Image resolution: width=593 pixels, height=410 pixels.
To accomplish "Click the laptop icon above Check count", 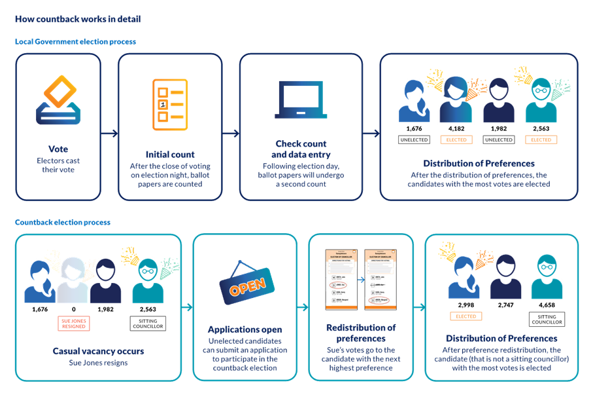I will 300,100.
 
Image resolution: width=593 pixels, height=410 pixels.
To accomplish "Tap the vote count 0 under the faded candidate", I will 73,308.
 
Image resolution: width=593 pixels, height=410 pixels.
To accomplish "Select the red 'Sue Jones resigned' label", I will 74,323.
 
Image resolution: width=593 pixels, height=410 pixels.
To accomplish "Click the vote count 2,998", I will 466,305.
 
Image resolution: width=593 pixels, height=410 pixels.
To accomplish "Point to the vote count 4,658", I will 547,305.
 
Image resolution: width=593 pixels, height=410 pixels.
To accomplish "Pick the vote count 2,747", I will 506,305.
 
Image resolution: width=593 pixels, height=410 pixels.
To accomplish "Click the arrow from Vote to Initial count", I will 109,134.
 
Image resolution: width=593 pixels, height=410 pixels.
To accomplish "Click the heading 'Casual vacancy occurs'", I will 98,351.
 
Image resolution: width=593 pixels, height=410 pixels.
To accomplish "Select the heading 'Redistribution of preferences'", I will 360,332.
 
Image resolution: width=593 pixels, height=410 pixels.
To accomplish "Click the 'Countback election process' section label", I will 63,222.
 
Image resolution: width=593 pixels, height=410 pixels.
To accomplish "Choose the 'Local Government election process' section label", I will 75,42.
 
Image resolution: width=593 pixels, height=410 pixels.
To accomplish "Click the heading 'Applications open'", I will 245,329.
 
